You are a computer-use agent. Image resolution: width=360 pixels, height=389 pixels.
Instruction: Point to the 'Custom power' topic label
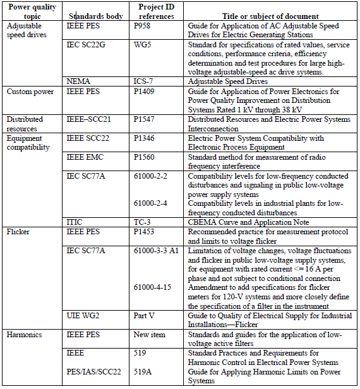click(30, 92)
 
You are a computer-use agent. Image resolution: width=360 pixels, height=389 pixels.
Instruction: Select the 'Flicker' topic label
click(19, 232)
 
